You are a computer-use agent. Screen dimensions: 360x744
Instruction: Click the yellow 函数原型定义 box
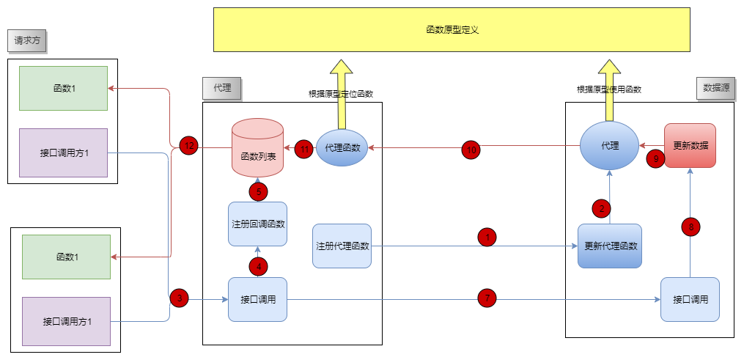(452, 30)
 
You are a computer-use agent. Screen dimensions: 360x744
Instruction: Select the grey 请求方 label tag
(27, 42)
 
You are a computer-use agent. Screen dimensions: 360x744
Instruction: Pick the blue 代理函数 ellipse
(342, 147)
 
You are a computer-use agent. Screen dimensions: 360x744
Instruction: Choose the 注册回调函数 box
(257, 224)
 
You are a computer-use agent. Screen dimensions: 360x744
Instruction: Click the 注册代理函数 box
(342, 246)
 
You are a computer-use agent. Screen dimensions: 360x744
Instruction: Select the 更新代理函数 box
(610, 246)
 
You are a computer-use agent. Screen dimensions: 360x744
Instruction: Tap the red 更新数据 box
(690, 145)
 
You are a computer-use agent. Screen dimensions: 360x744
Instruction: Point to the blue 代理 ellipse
(610, 145)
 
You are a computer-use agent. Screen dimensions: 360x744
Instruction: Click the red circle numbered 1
(487, 237)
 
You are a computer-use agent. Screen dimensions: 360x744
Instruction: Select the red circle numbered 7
(487, 298)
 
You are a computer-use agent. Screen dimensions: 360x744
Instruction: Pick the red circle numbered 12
(188, 146)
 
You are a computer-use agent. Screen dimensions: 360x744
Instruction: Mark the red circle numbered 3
(180, 298)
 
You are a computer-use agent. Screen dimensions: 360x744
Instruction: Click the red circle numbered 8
(690, 227)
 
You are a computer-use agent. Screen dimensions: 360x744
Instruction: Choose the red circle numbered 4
(258, 265)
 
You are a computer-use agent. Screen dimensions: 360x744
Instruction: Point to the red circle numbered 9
(655, 158)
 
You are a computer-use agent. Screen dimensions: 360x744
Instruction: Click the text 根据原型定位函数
(341, 94)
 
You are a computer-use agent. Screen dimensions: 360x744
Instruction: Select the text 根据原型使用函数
(609, 89)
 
